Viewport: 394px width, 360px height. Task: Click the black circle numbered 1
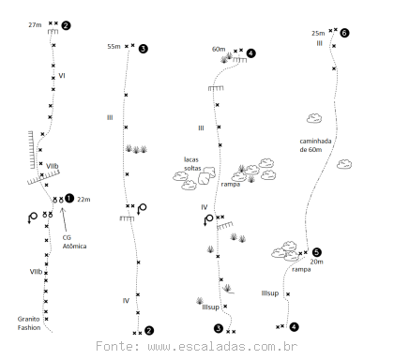click(69, 198)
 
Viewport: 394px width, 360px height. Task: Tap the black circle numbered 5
click(316, 252)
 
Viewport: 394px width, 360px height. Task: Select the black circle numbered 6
click(344, 33)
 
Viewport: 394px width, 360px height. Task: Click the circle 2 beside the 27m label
click(66, 25)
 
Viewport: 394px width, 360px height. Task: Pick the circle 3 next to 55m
click(143, 49)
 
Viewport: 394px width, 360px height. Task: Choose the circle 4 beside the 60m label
click(250, 53)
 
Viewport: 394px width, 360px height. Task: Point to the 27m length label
click(35, 25)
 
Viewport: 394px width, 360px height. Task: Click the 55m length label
click(114, 47)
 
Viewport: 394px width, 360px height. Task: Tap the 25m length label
click(318, 33)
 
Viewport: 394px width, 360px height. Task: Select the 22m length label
click(83, 200)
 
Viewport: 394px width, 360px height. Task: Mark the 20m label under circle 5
click(317, 262)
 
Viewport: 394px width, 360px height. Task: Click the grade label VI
click(62, 76)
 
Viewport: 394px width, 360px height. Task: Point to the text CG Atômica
click(74, 242)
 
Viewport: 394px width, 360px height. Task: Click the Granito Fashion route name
click(29, 323)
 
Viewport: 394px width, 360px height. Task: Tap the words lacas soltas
click(192, 164)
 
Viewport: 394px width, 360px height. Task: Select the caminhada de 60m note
click(315, 145)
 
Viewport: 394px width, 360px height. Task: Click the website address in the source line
click(222, 346)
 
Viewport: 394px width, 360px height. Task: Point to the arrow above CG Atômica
click(65, 220)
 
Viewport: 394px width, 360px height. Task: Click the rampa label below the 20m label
click(301, 269)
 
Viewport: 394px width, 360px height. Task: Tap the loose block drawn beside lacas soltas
click(207, 175)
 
